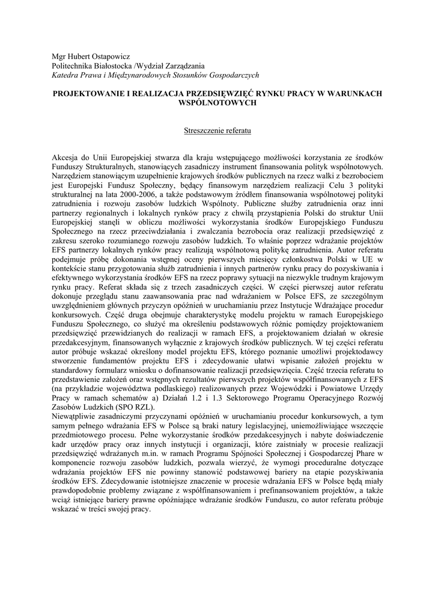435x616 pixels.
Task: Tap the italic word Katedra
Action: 66,75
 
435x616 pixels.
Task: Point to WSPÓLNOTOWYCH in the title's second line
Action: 218,103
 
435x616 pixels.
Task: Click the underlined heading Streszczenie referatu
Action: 217,129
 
